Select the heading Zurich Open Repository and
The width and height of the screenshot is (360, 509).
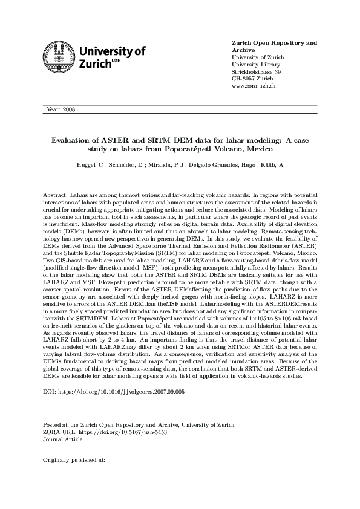(275, 44)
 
